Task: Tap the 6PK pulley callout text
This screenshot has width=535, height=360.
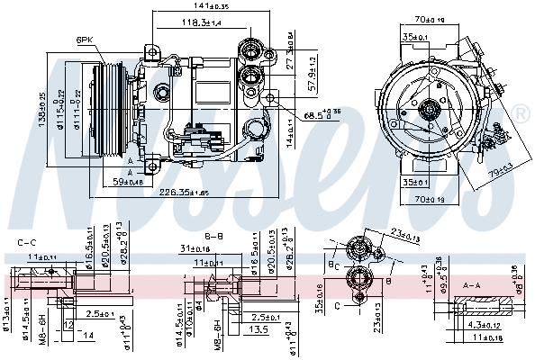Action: click(x=86, y=40)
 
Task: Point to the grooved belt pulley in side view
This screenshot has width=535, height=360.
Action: click(x=109, y=109)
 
